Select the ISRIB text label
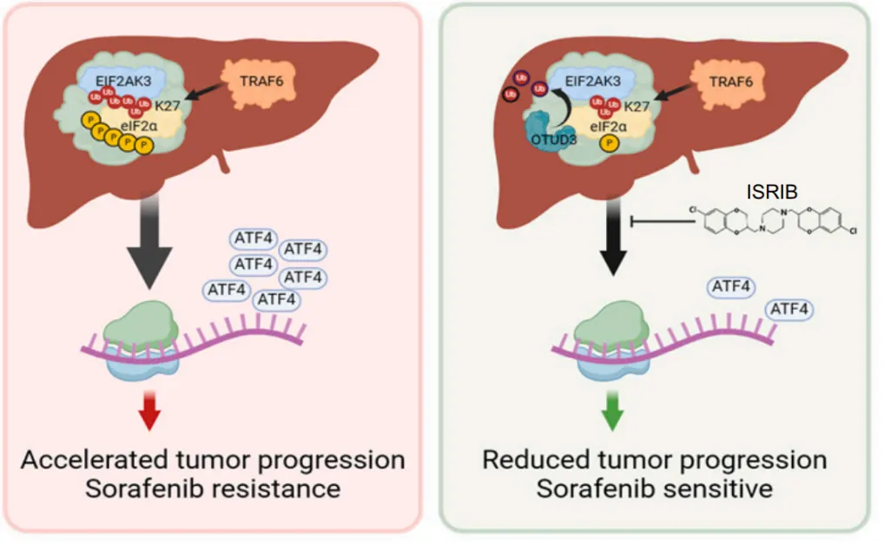[x=769, y=189]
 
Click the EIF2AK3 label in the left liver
[x=132, y=79]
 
